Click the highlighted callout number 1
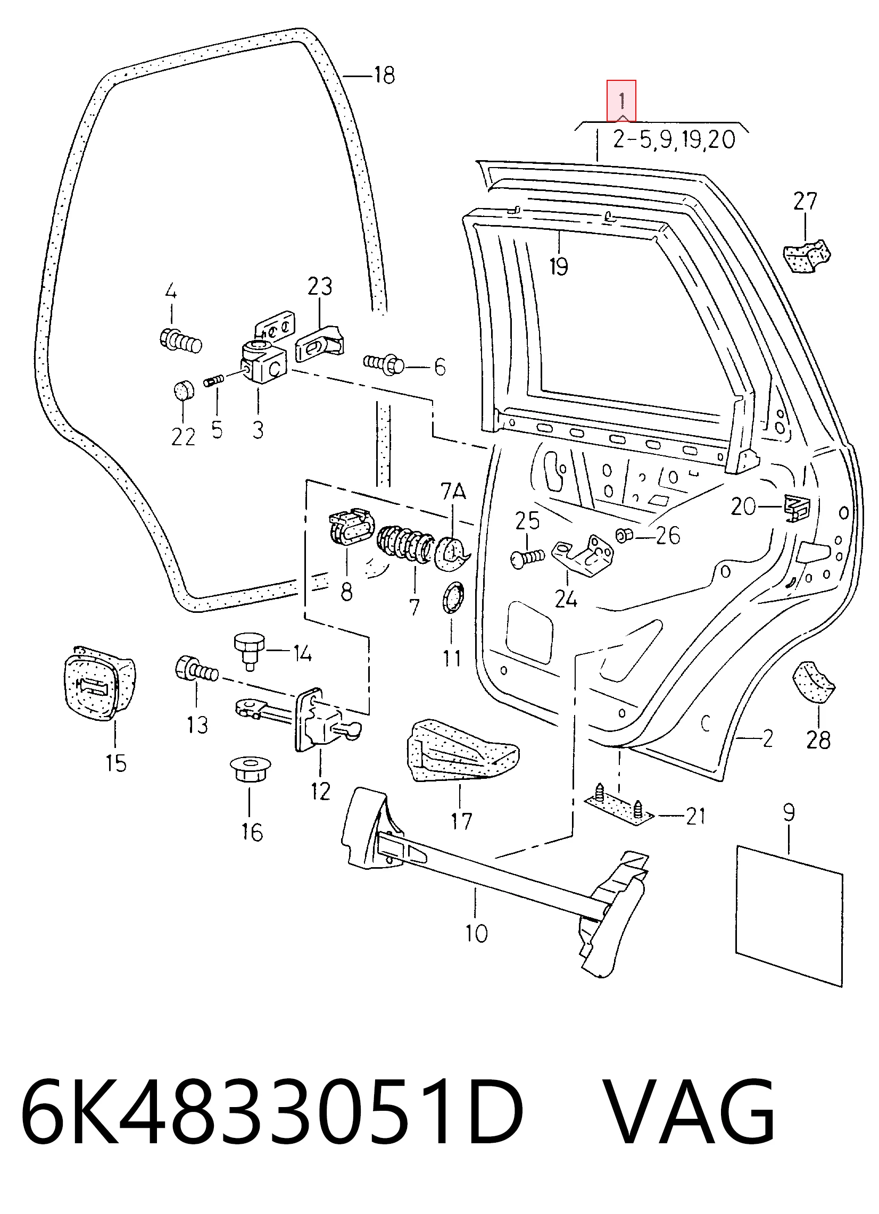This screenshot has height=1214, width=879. pyautogui.click(x=621, y=101)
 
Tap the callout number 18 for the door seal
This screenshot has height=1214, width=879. pyautogui.click(x=384, y=75)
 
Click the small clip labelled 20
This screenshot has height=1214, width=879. pyautogui.click(x=797, y=507)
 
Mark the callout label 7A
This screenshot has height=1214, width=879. pyautogui.click(x=453, y=492)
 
